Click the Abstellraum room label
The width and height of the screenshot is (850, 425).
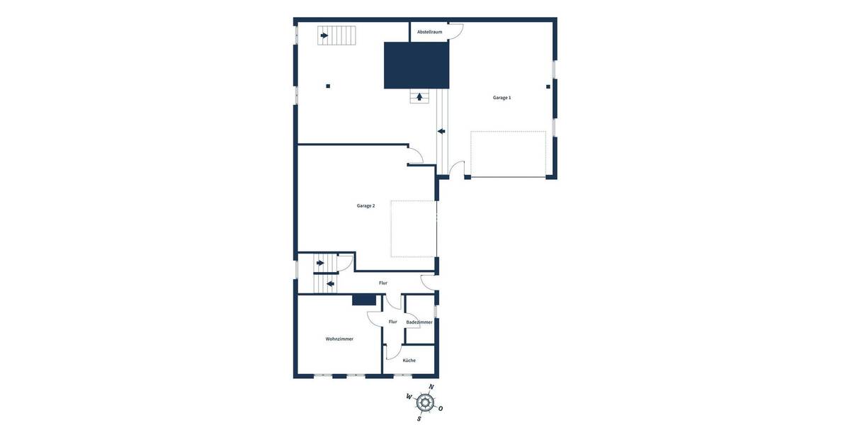[x=429, y=32]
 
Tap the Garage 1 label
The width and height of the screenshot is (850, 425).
[x=501, y=98]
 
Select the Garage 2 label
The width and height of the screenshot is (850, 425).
[x=365, y=205]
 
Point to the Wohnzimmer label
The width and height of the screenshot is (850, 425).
[x=339, y=339]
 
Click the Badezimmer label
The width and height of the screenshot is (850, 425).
[x=419, y=322]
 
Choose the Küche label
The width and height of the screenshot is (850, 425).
[x=409, y=361]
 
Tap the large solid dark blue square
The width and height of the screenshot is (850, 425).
[x=416, y=65]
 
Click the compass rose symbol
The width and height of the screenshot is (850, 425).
[x=425, y=402]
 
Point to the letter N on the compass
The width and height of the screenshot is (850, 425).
[x=431, y=387]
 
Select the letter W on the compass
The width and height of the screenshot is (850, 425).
[x=409, y=397]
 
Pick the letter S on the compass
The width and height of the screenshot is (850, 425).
[x=419, y=419]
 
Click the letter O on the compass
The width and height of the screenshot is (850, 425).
[x=441, y=409]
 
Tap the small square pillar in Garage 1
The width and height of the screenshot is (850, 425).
[x=548, y=86]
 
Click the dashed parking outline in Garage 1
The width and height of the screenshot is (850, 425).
[x=508, y=154]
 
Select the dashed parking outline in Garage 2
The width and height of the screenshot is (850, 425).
[x=414, y=229]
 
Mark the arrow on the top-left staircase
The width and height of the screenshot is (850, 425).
[x=324, y=35]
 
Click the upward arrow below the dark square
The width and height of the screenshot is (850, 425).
[x=419, y=97]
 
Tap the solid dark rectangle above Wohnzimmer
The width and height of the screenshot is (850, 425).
[x=364, y=300]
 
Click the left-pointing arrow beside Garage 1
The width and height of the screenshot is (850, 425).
[x=441, y=131]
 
